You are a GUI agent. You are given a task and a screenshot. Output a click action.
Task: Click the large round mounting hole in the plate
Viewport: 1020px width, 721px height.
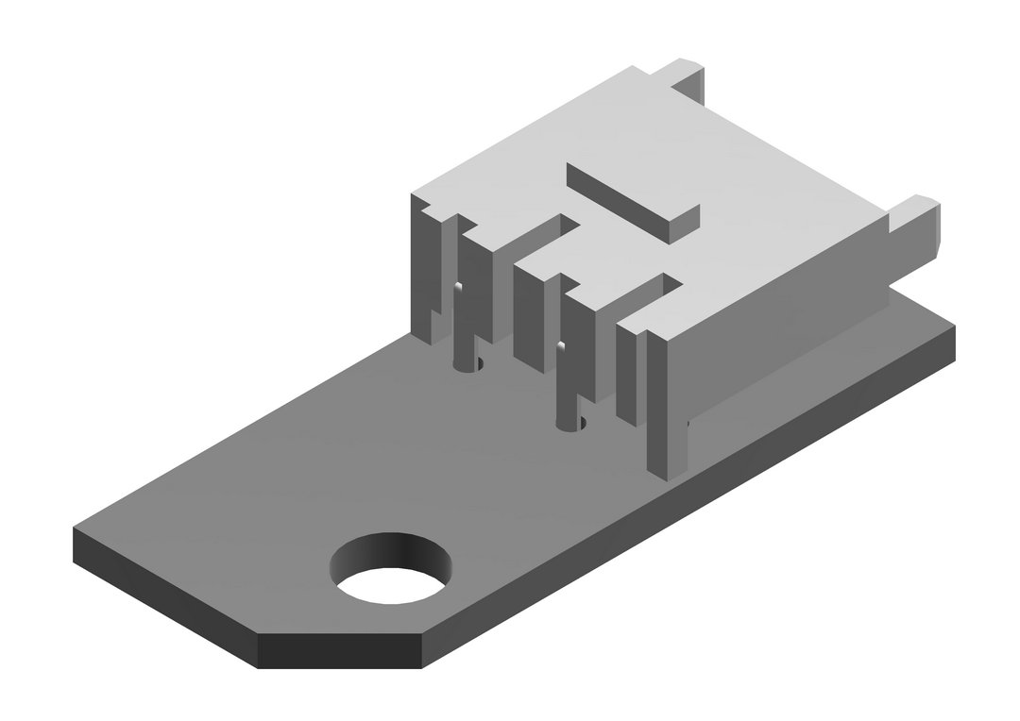[x=390, y=571]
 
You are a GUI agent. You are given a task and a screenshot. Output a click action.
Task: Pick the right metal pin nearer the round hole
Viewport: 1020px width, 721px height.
[x=564, y=387]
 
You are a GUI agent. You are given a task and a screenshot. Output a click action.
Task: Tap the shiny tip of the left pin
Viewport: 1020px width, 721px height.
[x=457, y=288]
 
